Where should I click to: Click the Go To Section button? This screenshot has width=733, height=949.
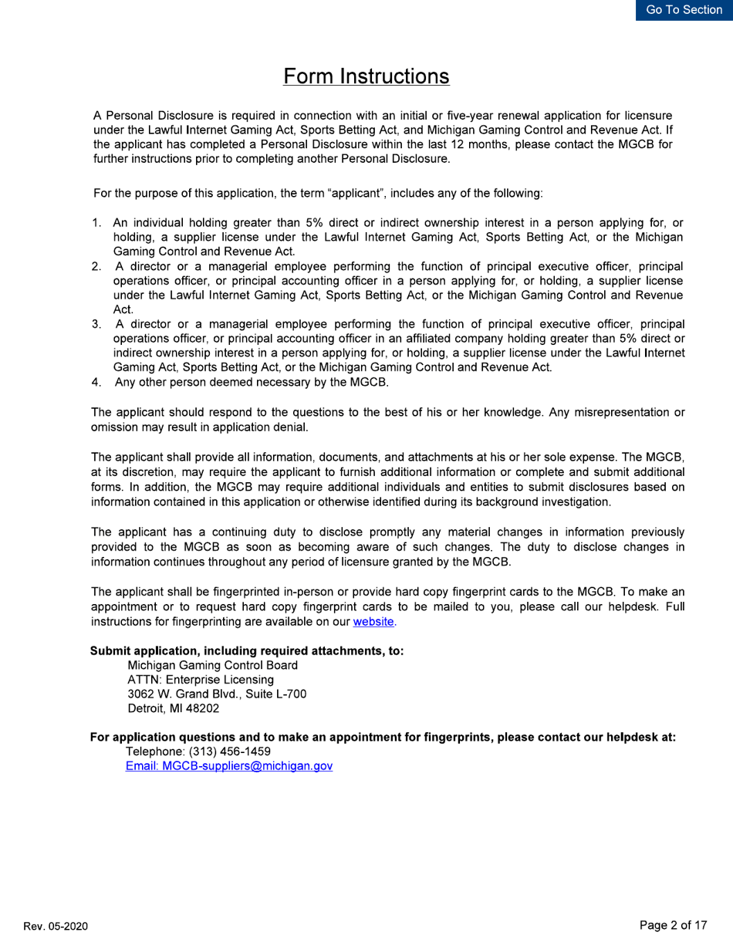(684, 10)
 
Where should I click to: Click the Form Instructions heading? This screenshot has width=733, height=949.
(366, 76)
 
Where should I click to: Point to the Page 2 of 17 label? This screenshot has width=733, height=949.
(673, 925)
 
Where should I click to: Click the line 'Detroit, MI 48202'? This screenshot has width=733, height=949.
(174, 708)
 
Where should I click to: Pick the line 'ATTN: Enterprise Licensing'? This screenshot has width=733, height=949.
(200, 680)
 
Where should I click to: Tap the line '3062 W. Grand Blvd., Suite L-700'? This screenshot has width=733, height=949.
(217, 694)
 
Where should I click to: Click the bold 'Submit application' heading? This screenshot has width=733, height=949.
(247, 650)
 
